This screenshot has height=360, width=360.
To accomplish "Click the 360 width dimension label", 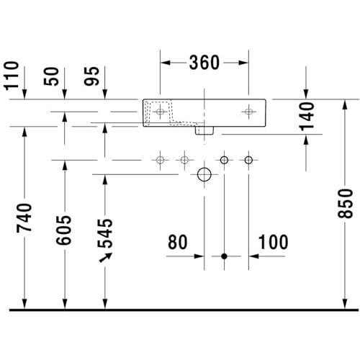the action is tap(204, 63).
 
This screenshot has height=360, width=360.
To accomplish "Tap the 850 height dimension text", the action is tap(345, 204).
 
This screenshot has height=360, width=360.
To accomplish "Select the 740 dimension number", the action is tap(24, 218).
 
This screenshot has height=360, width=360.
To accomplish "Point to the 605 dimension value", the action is tap(64, 230).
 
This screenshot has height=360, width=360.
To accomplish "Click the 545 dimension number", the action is tap(105, 233).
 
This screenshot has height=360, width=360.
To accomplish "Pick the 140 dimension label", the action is tap(307, 117).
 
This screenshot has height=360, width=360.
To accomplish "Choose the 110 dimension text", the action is tap(12, 76).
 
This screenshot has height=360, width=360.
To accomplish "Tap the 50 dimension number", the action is tap(51, 76).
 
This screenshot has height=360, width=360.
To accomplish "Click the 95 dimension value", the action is tap(91, 76).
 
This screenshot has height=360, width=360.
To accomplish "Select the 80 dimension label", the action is tap(178, 242).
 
